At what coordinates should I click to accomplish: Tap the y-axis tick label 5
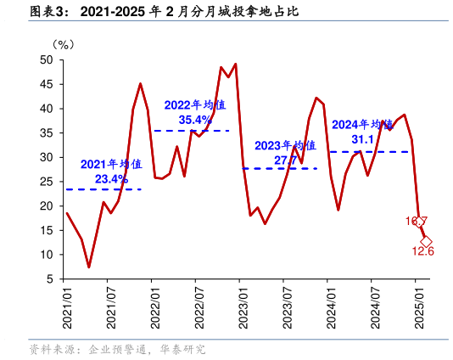(49, 279)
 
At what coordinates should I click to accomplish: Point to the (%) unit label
(64, 44)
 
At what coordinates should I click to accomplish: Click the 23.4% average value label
(111, 179)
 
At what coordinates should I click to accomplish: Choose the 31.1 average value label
(363, 139)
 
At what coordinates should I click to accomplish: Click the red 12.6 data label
(423, 251)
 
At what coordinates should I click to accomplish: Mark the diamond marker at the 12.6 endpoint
(426, 241)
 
